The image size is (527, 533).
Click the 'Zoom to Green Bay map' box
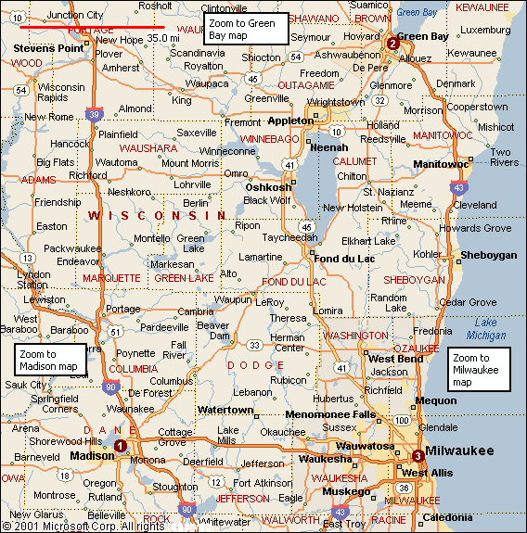pos(246,29)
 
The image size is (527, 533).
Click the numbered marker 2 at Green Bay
pos(392,44)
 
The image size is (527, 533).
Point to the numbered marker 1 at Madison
pos(120,446)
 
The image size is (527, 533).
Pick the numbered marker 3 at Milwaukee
pos(418,455)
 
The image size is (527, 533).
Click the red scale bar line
pos(92,28)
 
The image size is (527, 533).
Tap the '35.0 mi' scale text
pos(162,38)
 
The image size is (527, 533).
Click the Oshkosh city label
pos(267,187)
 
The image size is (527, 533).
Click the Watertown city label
pos(225,410)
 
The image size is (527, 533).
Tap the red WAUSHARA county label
pos(148,147)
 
